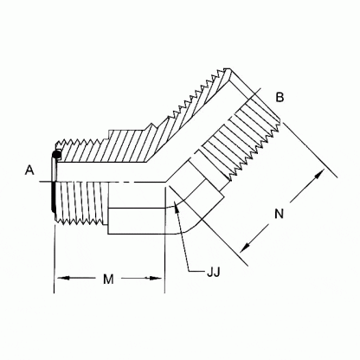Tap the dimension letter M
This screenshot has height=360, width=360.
pyautogui.click(x=108, y=280)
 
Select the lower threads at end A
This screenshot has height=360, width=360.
pyautogui.click(x=82, y=212)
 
